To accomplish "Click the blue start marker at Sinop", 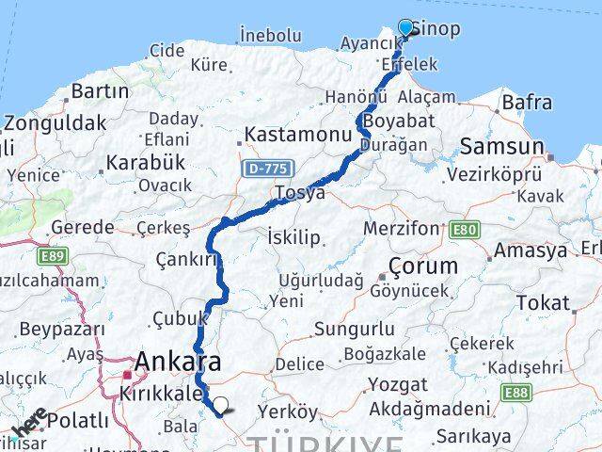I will [406, 28].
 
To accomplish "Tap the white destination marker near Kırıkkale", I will [220, 406].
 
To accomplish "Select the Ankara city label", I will [178, 362].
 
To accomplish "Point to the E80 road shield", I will [463, 230].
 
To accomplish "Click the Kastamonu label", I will [297, 135].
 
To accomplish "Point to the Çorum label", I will [424, 266].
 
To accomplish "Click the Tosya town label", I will [299, 192].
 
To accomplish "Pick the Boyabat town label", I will [400, 121].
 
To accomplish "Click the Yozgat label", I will [397, 384].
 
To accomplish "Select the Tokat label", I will [543, 303].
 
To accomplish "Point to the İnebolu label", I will [269, 35].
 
